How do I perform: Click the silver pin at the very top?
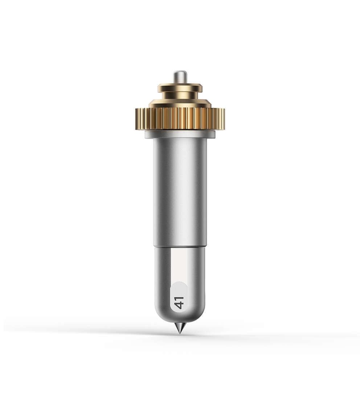pyautogui.click(x=180, y=77)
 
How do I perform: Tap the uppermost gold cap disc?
pyautogui.click(x=180, y=88)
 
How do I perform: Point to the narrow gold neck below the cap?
pyautogui.click(x=180, y=95)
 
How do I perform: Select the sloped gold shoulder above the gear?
pyautogui.click(x=180, y=103)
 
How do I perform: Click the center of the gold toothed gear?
pyautogui.click(x=180, y=119)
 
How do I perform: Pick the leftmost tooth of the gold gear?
pyautogui.click(x=137, y=119)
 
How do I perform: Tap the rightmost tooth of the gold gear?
pyautogui.click(x=223, y=119)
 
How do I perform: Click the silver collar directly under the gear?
pyautogui.click(x=180, y=134)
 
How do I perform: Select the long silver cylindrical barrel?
pyautogui.click(x=180, y=191)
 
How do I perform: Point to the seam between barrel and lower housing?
pyautogui.click(x=180, y=246)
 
